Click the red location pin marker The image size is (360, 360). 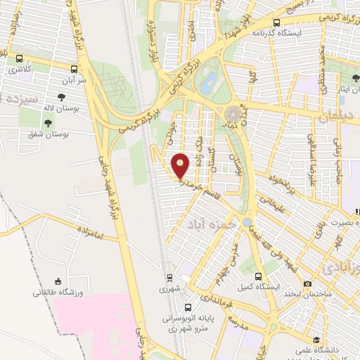181,165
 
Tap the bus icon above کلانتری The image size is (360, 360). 18,60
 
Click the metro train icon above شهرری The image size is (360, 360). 169,277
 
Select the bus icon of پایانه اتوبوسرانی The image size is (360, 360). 188,308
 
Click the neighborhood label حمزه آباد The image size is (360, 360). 210,224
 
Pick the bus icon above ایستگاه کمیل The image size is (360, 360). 257,276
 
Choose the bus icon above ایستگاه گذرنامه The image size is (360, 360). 276,22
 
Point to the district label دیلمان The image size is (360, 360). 333,119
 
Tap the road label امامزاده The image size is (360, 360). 86,233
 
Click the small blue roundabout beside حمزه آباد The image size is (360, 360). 247,222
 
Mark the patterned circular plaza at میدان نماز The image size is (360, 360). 233,113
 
